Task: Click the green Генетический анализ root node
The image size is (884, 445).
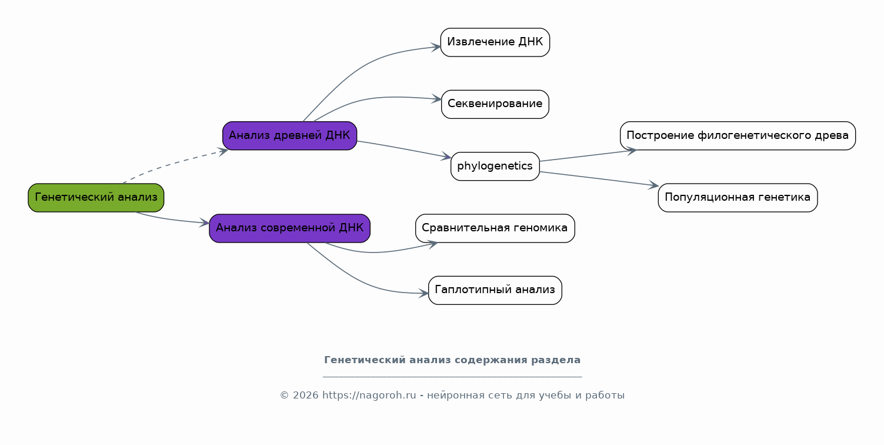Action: click(96, 197)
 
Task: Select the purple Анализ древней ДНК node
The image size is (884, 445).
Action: click(290, 136)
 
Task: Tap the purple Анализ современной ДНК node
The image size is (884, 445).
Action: click(290, 228)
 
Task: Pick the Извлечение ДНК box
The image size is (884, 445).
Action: click(495, 42)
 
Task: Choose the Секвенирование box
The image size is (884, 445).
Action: click(495, 104)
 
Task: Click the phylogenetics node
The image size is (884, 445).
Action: click(495, 166)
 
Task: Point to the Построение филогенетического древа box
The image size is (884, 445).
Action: click(738, 136)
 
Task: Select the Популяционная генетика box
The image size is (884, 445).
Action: click(738, 197)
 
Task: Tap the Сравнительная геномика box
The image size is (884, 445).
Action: click(495, 228)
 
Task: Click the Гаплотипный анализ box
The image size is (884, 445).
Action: click(495, 290)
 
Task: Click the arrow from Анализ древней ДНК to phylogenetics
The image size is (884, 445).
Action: click(403, 149)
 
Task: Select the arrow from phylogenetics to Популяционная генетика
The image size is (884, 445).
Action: click(599, 179)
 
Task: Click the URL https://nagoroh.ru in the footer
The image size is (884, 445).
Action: click(369, 395)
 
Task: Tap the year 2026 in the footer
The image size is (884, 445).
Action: click(305, 395)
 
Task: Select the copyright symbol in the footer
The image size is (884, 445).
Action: click(285, 395)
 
